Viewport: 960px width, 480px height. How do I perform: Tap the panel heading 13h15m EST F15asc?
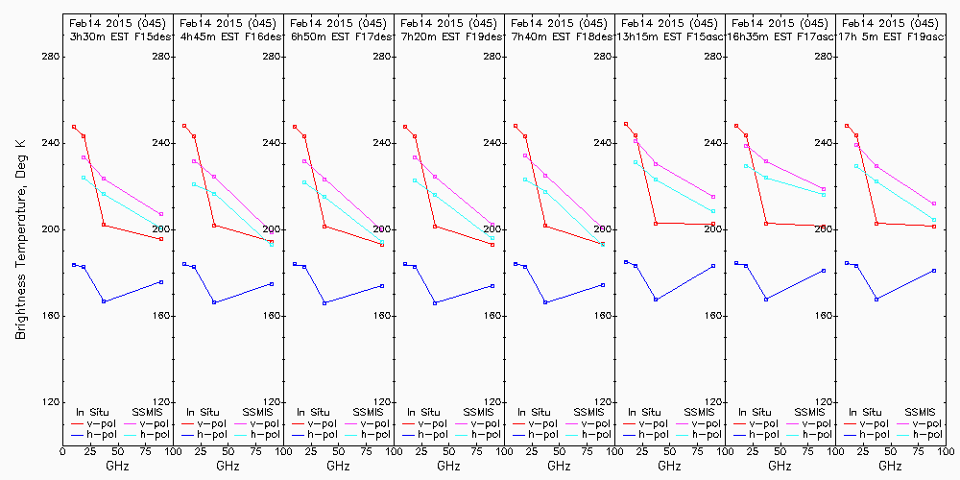pyautogui.click(x=670, y=36)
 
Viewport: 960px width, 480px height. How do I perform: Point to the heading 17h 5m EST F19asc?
pyautogui.click(x=891, y=36)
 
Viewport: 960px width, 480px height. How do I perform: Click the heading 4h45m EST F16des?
pyautogui.click(x=228, y=36)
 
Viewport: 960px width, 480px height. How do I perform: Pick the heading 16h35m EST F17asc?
pyautogui.click(x=780, y=36)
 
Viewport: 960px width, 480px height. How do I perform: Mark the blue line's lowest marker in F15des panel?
pyautogui.click(x=104, y=301)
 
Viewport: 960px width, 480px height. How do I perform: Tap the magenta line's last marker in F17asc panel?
pyautogui.click(x=824, y=189)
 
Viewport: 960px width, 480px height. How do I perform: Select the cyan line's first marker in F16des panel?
pyautogui.click(x=194, y=184)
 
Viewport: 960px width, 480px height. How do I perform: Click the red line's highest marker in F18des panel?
pyautogui.click(x=516, y=126)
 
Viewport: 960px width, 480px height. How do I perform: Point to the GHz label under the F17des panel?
pyautogui.click(x=338, y=466)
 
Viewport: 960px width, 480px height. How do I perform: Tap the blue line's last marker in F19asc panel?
pyautogui.click(x=934, y=271)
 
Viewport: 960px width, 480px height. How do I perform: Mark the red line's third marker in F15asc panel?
pyautogui.click(x=656, y=224)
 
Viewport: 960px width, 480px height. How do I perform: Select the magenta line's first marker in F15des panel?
pyautogui.click(x=84, y=157)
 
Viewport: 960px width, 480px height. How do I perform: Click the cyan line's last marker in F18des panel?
pyautogui.click(x=603, y=245)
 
